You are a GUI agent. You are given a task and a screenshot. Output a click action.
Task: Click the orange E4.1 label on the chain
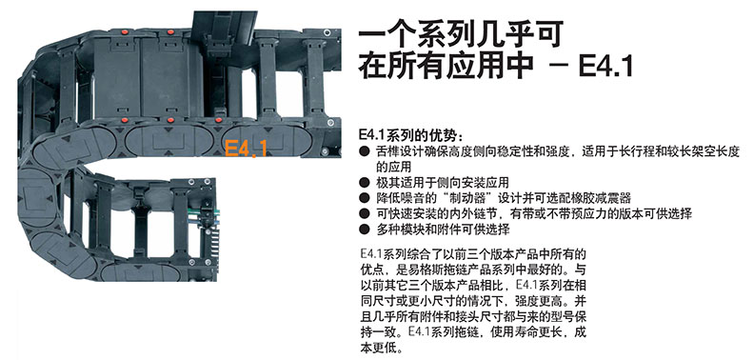(246, 149)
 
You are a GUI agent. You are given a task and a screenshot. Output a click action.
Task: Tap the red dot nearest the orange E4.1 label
(219, 120)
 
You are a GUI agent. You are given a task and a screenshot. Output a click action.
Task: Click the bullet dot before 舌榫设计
(365, 151)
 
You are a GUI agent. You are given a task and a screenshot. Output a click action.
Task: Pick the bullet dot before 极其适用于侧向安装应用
(365, 183)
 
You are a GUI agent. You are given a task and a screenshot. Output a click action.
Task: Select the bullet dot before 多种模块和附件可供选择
(365, 230)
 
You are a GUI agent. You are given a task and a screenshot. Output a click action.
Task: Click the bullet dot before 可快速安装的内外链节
(365, 213)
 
